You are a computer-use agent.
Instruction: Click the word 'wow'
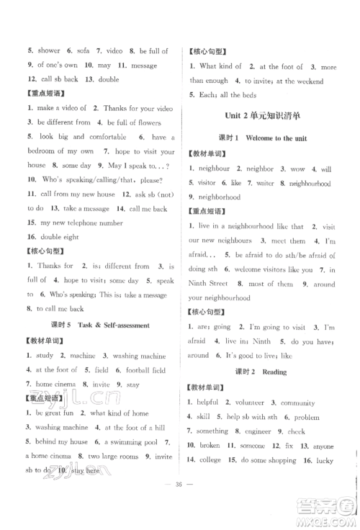coord(297,169)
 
